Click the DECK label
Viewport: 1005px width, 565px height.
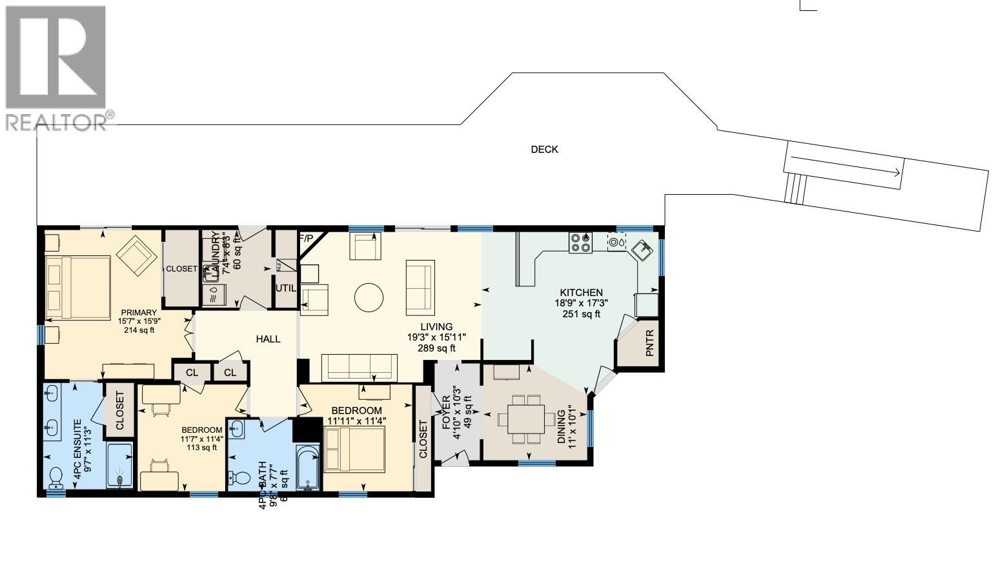544,150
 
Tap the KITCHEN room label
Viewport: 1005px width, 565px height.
581,292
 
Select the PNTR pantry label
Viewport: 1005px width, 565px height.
649,343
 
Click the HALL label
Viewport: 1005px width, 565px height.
268,339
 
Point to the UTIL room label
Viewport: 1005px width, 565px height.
285,288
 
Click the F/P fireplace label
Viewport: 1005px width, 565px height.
305,239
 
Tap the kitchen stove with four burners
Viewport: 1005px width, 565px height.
580,242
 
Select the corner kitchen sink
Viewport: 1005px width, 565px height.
642,249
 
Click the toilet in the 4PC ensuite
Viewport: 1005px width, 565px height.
56,477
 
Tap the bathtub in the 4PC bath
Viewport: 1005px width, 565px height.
308,468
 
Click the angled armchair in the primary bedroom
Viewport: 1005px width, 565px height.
137,255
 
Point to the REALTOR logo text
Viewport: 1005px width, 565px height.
56,122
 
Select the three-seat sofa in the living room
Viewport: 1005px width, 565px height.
360,367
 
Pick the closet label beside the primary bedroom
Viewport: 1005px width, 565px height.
181,269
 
